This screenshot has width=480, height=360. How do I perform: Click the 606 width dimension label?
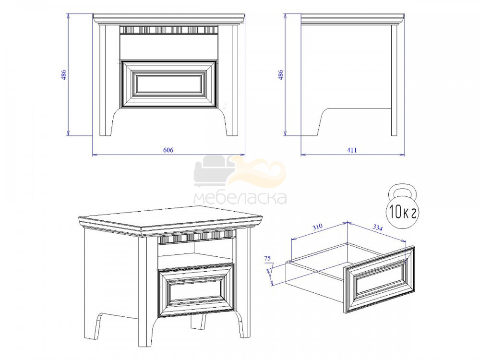168,150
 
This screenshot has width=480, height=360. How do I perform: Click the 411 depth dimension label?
352,150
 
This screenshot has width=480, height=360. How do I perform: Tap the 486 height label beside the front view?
64,75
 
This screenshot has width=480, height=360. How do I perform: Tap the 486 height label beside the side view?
280,75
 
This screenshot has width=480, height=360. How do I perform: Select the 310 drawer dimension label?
317,227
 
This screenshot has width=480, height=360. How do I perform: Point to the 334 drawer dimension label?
377,227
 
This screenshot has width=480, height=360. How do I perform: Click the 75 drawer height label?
267,258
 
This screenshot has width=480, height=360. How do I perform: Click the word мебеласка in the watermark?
240,198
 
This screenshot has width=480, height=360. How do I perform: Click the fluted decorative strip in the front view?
168,30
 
